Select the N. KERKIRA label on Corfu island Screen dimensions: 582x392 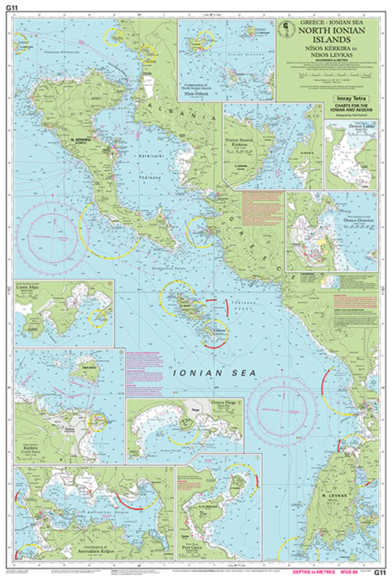click(81, 140)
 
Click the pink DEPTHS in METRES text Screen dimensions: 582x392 click(314, 572)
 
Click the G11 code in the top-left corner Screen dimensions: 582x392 click(12, 7)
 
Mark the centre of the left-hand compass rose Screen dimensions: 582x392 click(53, 236)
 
